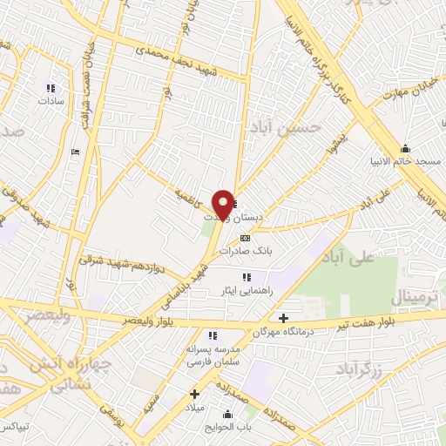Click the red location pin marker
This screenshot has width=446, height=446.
(223, 205)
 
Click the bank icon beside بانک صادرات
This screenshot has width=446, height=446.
(245, 237)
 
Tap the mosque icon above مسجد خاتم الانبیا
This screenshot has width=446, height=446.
(405, 148)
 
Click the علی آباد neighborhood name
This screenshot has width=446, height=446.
(371, 260)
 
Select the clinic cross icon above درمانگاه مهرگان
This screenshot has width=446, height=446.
(283, 318)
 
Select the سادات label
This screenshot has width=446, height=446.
(51, 101)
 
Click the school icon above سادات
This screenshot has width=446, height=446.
(50, 88)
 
